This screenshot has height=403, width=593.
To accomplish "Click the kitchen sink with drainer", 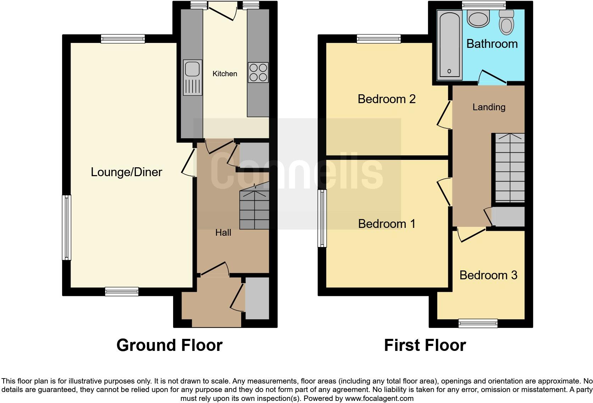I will pos(193,78).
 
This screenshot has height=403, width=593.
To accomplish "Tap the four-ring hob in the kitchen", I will pos(258,73).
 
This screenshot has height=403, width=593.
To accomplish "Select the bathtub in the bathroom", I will pos(449,44).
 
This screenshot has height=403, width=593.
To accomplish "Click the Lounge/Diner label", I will pos(126,172).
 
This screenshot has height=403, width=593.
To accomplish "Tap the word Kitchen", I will pos(225,74).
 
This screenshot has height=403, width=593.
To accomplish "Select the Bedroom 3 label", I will pos(488,275).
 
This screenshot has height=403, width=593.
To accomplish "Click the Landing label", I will pos(489,107).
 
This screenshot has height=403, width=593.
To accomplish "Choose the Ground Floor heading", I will pos(169,345).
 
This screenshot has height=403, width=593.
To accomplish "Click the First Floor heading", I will pos(425,345).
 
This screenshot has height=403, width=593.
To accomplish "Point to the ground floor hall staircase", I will pos(254,209).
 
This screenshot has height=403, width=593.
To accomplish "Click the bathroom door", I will pos(493,78).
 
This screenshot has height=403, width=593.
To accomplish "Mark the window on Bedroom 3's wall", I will pos(478,323).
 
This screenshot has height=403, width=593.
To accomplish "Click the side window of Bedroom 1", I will pos(322,218).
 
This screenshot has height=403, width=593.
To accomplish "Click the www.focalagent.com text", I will pos(379,398).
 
